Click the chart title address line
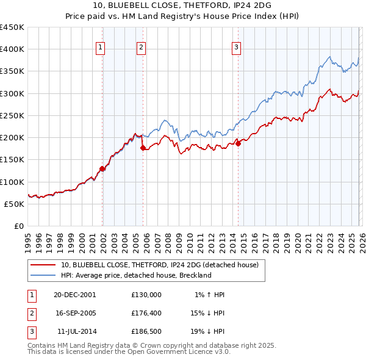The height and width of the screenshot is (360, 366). [183, 5]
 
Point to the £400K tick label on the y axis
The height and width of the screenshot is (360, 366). [12, 49]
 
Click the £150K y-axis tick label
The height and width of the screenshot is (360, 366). [12, 160]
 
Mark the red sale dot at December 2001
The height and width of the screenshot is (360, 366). [102, 169]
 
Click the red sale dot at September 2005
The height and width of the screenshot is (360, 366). [143, 148]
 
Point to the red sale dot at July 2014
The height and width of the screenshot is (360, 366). [238, 144]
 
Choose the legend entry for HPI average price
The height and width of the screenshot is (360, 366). [135, 275]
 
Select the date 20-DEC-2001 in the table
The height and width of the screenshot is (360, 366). [74, 295]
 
